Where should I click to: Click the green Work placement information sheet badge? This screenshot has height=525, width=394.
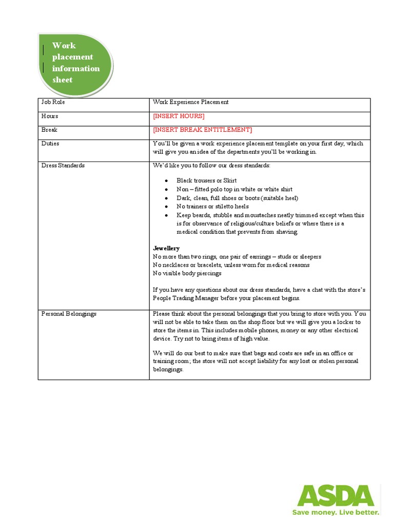(75, 64)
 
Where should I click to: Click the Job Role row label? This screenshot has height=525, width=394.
(53, 102)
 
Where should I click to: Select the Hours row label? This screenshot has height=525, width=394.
(50, 116)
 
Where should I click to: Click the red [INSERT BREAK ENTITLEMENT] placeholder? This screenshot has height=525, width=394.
(202, 130)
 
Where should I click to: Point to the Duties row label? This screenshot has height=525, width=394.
(50, 144)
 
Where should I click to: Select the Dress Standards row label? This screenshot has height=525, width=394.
(63, 166)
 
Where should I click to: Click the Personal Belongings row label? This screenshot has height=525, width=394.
(69, 313)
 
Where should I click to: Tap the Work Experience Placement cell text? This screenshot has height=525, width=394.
(190, 102)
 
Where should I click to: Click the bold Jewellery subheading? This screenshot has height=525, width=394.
(166, 248)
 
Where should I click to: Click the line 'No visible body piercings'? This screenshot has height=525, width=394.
(187, 273)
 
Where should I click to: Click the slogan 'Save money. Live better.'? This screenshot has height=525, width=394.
(336, 512)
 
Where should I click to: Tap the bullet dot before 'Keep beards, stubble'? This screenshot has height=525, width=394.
(167, 215)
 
